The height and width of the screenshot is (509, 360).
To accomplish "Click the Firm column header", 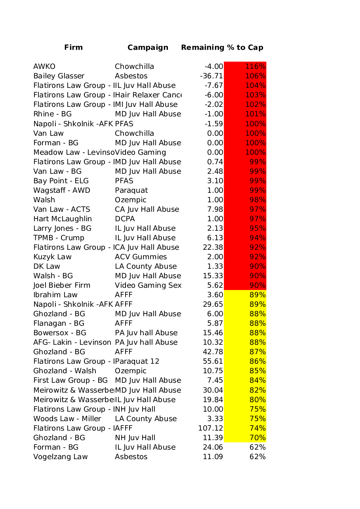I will [x=73, y=47].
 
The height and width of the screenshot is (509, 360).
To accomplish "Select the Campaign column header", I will [x=148, y=47].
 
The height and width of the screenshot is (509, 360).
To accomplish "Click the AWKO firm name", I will [x=44, y=66].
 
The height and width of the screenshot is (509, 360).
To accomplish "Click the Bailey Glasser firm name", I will [x=59, y=76].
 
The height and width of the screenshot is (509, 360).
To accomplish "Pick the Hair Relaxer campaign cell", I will [x=148, y=95].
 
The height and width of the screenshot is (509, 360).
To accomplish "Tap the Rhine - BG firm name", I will [x=52, y=114].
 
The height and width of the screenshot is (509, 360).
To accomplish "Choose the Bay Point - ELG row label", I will [x=61, y=181].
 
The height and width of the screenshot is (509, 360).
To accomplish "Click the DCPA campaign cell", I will [x=125, y=219].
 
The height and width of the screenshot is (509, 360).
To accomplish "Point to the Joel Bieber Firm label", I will [x=62, y=285].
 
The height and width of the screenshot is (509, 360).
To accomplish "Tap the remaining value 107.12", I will [x=211, y=428].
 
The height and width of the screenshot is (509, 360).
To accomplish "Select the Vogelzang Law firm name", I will [x=61, y=457].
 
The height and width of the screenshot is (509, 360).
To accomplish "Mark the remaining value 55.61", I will [x=213, y=361].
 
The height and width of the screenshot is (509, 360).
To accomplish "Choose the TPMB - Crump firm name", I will [x=59, y=238].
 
